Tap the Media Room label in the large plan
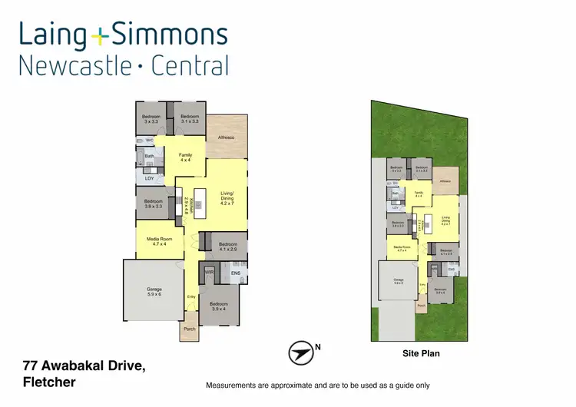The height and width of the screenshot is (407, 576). (162, 240)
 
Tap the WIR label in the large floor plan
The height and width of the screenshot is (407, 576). (208, 272)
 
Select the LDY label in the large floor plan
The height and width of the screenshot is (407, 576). (150, 178)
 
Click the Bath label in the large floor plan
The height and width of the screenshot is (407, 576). (150, 157)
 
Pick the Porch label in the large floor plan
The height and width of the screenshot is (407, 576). (189, 329)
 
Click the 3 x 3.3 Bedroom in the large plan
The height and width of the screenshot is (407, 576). (151, 119)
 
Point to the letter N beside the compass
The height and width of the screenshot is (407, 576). (318, 347)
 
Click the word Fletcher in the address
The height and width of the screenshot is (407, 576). (48, 382)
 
